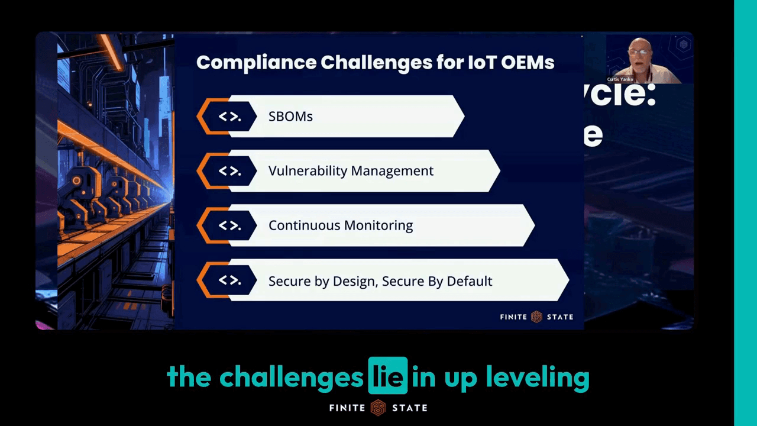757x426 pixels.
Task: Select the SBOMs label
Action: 290,117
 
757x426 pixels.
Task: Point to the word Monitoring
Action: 380,225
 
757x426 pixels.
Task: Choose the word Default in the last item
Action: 469,281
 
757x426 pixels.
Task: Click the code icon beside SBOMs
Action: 229,117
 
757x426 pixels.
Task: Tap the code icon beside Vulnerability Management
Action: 229,171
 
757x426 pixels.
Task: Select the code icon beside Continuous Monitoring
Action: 229,225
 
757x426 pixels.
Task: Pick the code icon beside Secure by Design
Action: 229,280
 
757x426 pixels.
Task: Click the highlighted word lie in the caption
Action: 388,376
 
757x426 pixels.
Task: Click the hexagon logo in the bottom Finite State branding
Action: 378,408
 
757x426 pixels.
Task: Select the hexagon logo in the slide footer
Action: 536,317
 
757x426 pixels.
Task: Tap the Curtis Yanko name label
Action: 620,79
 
